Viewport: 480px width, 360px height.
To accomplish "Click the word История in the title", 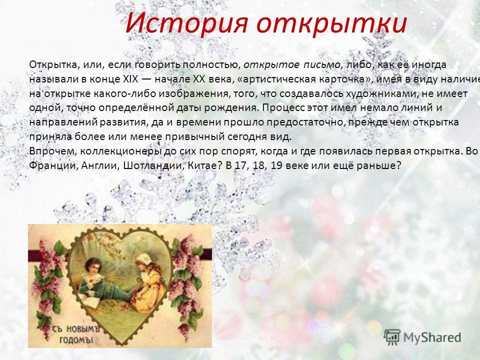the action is pos(186,23).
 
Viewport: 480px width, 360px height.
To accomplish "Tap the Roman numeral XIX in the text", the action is pos(130,79).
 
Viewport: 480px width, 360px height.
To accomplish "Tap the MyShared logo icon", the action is pos(392,337).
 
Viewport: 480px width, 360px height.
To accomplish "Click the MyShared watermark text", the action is pos(432,337).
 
